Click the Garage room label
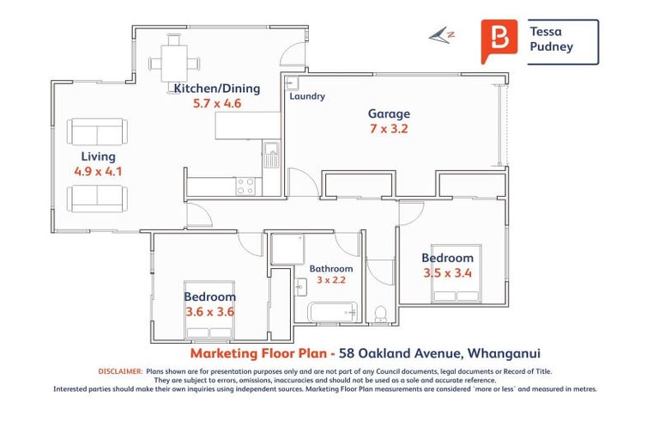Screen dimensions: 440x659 [389, 113]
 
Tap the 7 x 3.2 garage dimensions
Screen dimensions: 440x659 [389, 130]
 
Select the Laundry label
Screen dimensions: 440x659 [307, 96]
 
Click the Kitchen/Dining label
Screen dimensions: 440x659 [216, 89]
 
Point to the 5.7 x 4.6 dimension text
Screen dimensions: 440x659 [216, 104]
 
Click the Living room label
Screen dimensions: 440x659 [98, 156]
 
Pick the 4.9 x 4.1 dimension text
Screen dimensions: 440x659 [98, 171]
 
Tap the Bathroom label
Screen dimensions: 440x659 [331, 269]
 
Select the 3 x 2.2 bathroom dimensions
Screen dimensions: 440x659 [330, 280]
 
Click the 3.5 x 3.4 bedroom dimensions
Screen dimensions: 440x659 [447, 273]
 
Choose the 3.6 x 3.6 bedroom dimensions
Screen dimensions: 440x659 [209, 312]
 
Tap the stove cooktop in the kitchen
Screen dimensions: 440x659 [246, 185]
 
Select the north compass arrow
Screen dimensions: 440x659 [442, 35]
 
